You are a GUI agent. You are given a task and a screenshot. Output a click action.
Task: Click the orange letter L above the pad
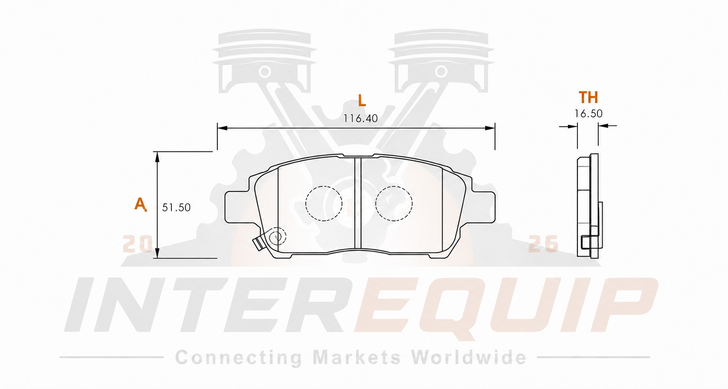point(361,100)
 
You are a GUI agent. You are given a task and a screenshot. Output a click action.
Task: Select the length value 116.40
point(361,118)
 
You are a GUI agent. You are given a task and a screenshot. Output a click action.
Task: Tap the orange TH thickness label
point(588,97)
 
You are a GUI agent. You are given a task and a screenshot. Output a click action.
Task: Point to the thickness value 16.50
point(588,113)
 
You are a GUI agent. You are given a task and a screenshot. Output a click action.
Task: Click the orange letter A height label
point(140,204)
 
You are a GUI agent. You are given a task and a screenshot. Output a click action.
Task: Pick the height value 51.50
point(176,207)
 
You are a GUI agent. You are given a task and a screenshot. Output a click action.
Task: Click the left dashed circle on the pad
point(324,203)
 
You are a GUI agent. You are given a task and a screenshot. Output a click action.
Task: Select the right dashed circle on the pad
point(394,203)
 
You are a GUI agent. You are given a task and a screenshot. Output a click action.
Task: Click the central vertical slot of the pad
point(358,203)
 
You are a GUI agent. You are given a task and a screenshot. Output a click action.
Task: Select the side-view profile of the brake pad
point(589,206)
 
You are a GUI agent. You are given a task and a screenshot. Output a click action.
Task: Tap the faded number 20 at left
point(137,244)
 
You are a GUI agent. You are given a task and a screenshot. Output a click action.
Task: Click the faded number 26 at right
point(543,244)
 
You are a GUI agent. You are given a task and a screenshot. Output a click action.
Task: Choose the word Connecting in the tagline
point(238,358)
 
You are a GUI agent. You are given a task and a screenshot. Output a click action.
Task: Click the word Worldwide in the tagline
point(469,357)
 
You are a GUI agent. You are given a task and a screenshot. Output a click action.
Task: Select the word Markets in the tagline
point(357,357)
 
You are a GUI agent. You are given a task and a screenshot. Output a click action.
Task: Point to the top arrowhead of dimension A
point(157,157)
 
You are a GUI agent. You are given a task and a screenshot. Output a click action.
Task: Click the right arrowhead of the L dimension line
point(490,128)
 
